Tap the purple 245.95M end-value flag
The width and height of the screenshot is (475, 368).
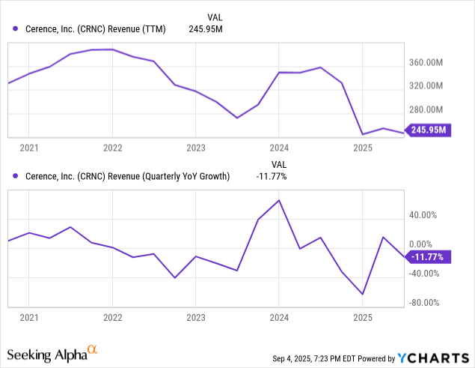(427, 130)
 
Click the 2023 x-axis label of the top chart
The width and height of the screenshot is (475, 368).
(195, 148)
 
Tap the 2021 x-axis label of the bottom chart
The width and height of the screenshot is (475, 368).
(28, 318)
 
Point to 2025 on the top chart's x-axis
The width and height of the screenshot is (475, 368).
(363, 148)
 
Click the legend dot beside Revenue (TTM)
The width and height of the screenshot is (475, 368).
(16, 29)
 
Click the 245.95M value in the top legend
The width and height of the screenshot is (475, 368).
(205, 29)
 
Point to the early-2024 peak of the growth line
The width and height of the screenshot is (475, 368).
(279, 200)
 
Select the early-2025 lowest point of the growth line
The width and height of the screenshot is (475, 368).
(363, 294)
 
